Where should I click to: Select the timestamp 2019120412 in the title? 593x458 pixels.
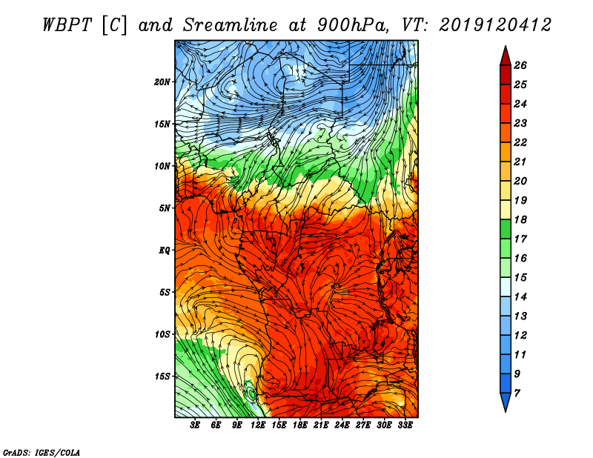coord(495,24)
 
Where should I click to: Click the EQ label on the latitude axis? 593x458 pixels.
coord(165,250)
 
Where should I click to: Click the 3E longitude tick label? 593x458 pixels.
coord(196,425)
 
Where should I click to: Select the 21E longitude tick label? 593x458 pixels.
coord(321,425)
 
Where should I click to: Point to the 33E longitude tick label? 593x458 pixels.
coord(405,425)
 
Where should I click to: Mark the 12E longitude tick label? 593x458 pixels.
coord(258,425)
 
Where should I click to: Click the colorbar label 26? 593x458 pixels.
coord(520,65)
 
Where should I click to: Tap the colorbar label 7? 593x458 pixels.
coord(517,393)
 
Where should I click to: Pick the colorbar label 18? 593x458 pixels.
coord(520,220)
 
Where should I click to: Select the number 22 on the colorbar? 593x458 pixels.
coord(520,142)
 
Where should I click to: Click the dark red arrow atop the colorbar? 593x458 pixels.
coord(505,55)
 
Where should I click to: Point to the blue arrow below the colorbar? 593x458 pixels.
coord(505,402)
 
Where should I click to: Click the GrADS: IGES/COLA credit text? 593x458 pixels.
coord(42,452)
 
